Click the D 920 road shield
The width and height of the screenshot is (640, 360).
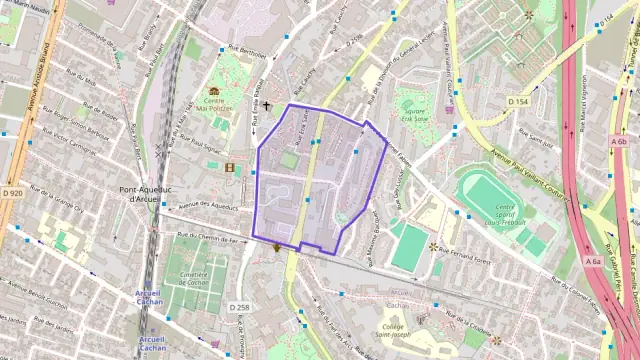12,192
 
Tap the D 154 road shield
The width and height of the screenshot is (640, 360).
517,102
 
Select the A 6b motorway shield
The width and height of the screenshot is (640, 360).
619,142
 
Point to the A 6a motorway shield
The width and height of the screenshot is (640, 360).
593,262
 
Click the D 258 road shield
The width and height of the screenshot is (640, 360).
239,307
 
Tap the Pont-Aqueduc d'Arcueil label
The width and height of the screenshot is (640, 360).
145,194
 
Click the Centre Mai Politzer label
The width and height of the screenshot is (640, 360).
214,105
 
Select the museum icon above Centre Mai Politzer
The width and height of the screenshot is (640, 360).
214,91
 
